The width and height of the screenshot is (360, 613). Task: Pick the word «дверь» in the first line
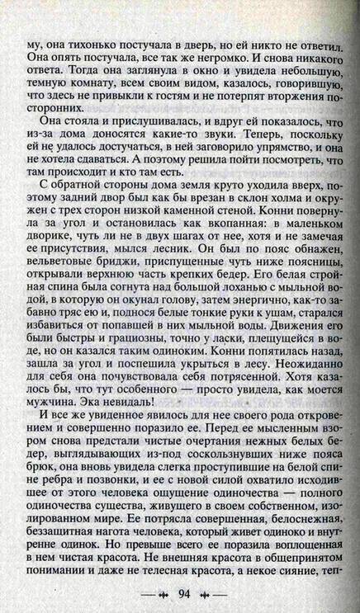pos(197,40)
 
